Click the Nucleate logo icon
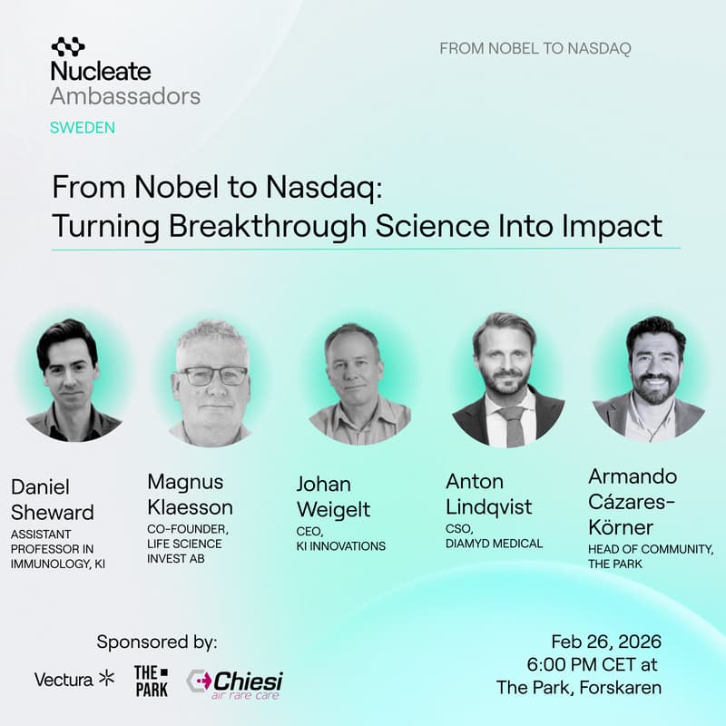coord(68,46)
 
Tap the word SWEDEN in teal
coord(83,127)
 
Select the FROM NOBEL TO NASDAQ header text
coord(535,48)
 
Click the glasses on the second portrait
coord(212,375)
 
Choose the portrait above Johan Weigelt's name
coord(360,382)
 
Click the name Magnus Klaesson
coord(190,494)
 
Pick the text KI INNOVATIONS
coord(341,546)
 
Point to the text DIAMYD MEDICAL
coord(494,544)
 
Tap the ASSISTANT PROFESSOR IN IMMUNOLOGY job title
coord(59,548)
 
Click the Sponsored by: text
coord(157,643)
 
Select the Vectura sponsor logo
coord(74,678)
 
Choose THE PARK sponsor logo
coord(151,681)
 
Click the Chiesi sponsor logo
coord(235,682)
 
